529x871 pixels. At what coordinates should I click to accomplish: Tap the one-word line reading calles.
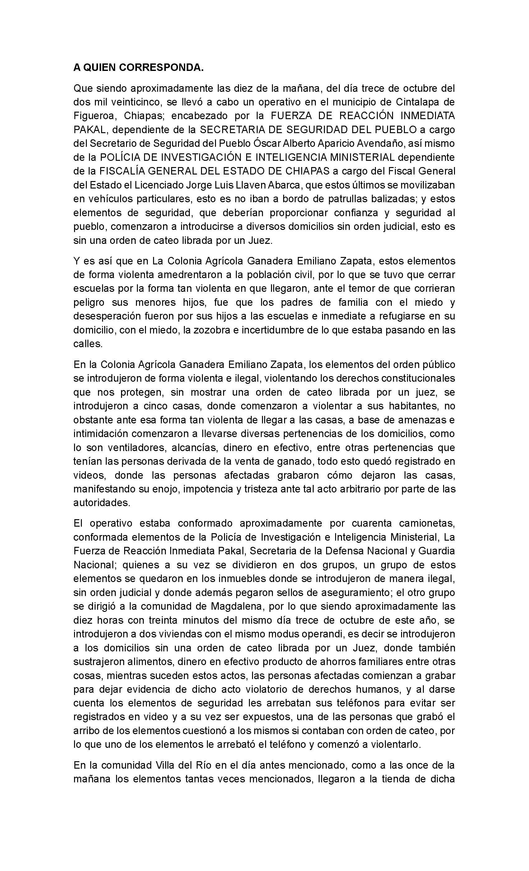coord(88,344)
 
